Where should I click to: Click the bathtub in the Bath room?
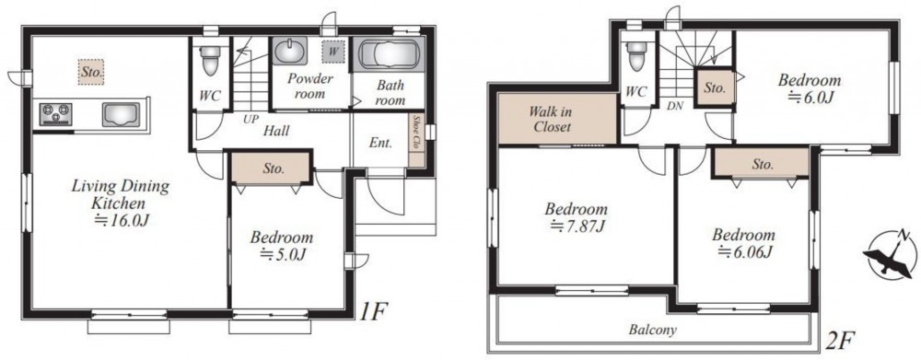[x=388, y=55]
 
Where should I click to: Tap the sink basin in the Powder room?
[x=290, y=51]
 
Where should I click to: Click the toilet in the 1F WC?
[x=210, y=59]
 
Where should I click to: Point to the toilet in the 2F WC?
[x=636, y=55]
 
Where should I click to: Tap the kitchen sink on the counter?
[x=121, y=114]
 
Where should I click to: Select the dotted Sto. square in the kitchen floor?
[x=92, y=72]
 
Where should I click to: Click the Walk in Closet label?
[x=551, y=119]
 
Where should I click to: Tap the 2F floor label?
[x=840, y=340]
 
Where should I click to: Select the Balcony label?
[x=653, y=330]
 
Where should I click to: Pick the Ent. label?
[x=380, y=143]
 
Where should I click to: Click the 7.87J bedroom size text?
[x=577, y=225]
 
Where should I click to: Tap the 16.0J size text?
[x=121, y=220]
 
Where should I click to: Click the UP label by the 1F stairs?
[x=251, y=119]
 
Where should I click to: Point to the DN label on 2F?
[x=675, y=106]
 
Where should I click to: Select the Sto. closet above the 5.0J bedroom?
[x=270, y=168]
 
